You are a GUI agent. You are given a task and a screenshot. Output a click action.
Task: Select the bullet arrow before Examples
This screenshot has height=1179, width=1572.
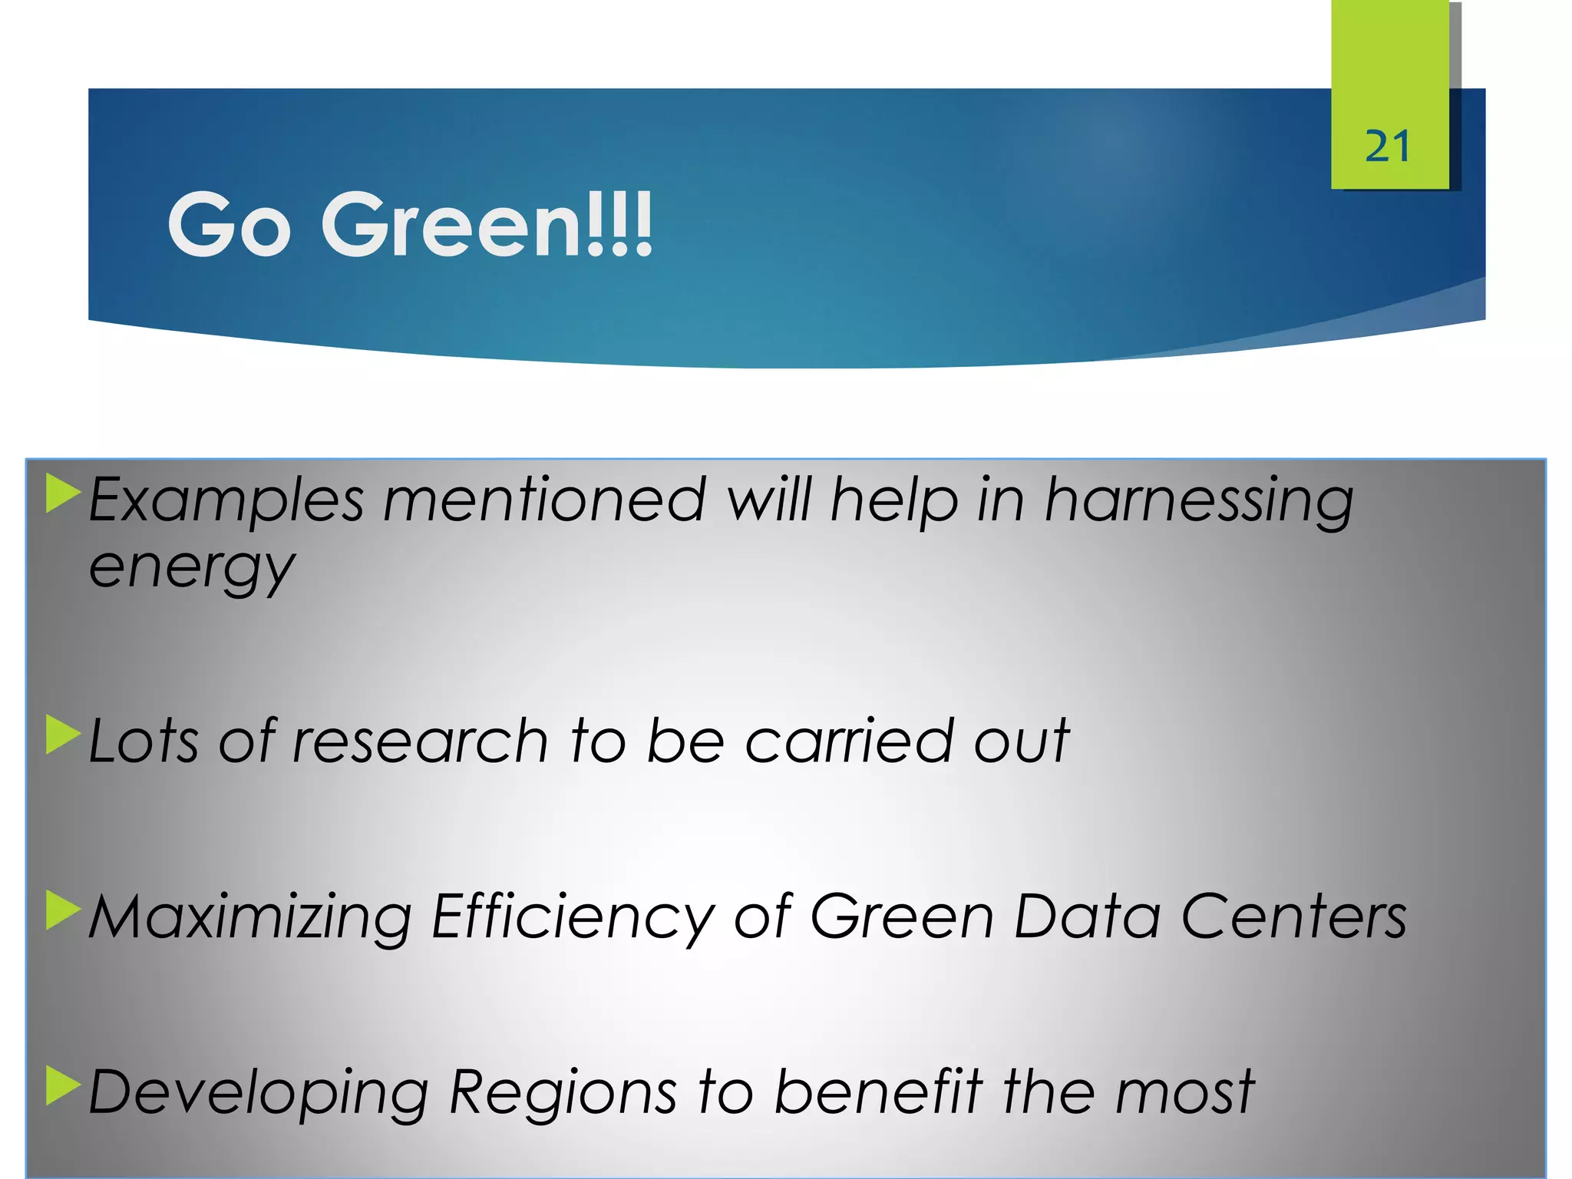click(63, 494)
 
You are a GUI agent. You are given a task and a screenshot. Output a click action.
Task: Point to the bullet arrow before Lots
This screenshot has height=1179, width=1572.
click(63, 735)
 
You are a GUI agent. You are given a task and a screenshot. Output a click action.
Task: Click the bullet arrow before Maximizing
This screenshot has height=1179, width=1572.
click(63, 910)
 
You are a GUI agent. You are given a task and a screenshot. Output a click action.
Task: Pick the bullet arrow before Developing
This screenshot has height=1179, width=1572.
click(63, 1085)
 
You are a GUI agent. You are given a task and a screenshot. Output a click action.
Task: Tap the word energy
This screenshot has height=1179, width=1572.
click(192, 570)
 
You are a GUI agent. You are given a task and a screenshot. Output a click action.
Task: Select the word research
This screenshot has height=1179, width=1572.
click(420, 741)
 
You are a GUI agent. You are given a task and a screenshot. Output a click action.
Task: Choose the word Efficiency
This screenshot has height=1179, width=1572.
click(573, 918)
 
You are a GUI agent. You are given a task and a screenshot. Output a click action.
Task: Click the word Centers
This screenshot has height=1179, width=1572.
click(1293, 916)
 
